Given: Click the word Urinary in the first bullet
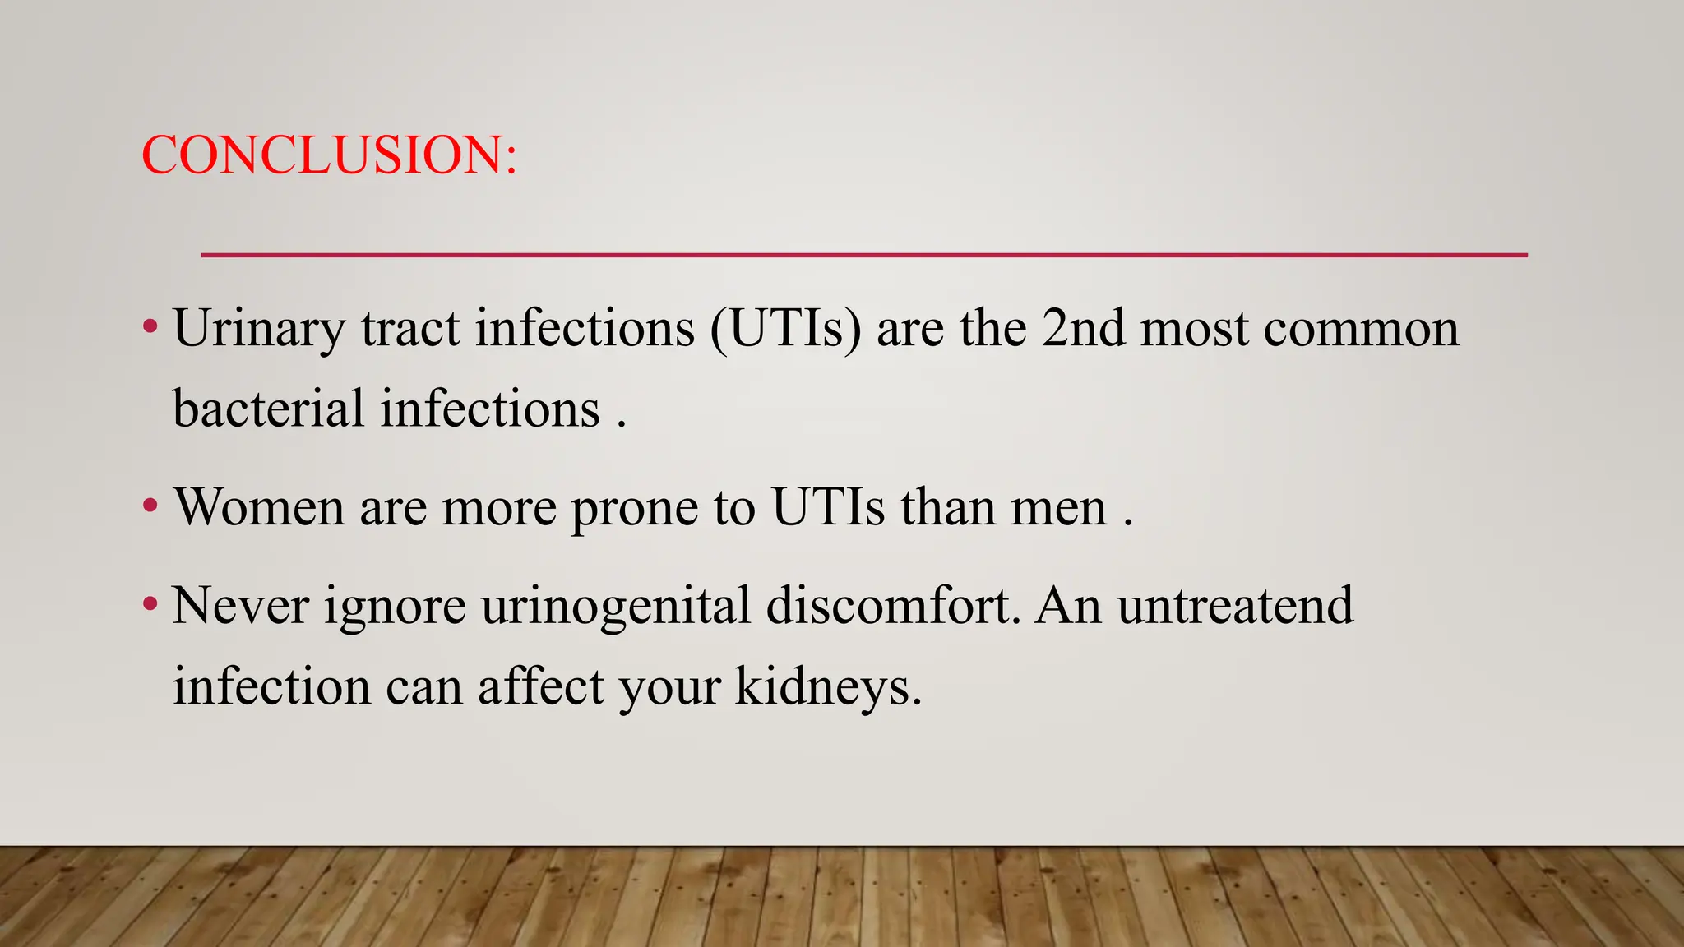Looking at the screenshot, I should [x=259, y=329].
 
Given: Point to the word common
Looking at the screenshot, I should [x=1361, y=329].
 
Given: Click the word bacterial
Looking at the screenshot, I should [x=268, y=409].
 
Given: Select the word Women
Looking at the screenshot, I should [x=259, y=507].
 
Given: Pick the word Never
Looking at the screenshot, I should [x=240, y=606].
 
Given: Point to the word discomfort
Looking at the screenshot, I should [x=891, y=606].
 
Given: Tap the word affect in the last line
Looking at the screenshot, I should [x=541, y=686].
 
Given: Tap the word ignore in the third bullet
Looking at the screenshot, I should [x=395, y=607].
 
